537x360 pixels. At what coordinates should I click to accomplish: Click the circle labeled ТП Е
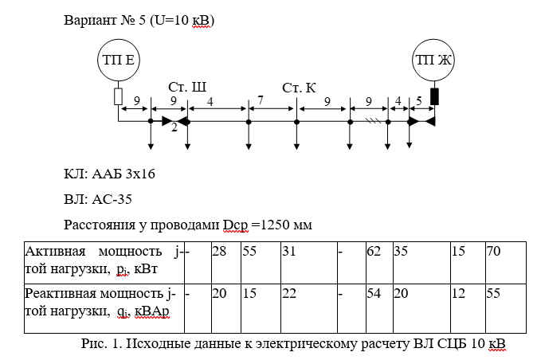pos(118,60)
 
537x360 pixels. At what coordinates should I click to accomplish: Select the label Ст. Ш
pos(186,86)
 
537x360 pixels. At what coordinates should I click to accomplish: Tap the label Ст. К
pos(300,86)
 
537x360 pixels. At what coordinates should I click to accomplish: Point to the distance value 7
pos(260,101)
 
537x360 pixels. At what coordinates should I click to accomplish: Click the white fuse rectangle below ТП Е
pos(118,96)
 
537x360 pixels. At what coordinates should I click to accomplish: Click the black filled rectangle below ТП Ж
pos(434,96)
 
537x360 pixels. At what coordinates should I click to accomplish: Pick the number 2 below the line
pos(174,129)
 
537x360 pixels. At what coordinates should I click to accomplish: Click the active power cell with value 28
pos(220,250)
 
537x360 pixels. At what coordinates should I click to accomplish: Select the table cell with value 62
pos(374,250)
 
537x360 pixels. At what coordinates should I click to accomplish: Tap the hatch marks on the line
pos(371,121)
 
